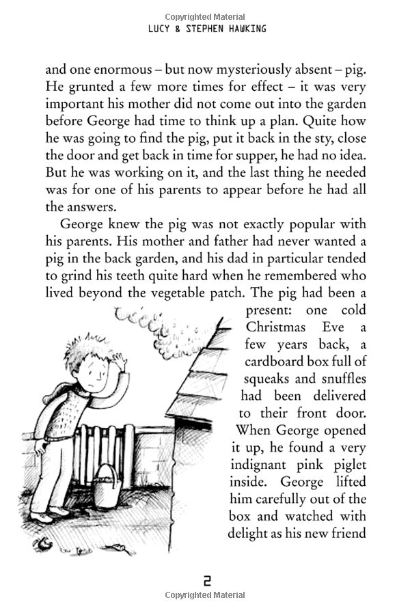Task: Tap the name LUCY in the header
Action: point(161,29)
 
